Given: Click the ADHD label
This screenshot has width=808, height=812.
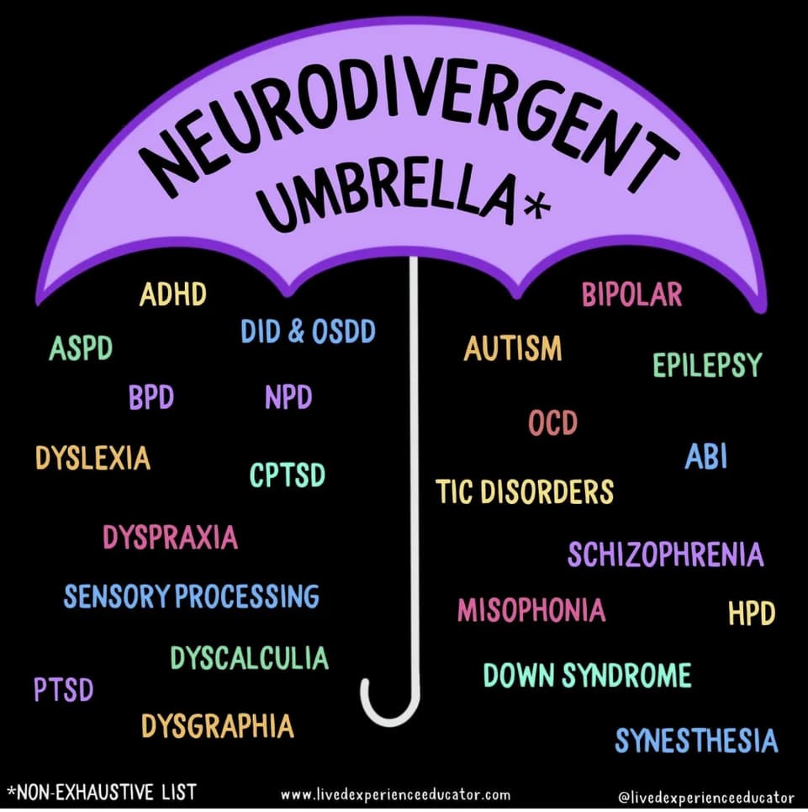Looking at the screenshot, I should click(x=172, y=295).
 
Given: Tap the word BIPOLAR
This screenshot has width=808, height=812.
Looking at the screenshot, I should click(x=631, y=295).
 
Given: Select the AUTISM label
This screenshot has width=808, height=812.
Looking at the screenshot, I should click(x=512, y=348).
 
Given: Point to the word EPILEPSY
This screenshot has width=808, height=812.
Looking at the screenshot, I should click(x=707, y=365).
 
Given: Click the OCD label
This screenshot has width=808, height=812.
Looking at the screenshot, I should click(x=552, y=422).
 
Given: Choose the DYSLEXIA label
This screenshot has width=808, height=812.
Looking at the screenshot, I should click(x=92, y=458).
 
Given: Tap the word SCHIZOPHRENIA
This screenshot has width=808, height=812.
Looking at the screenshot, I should click(x=665, y=555).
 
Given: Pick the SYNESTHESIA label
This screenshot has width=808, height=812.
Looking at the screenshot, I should click(x=696, y=740).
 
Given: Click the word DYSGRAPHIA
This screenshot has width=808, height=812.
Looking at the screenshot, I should click(x=217, y=725).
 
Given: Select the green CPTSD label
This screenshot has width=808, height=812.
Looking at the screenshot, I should click(x=287, y=475).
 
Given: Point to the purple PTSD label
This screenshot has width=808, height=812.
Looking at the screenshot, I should click(x=63, y=690).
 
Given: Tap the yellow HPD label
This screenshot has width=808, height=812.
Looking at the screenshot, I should click(x=751, y=614).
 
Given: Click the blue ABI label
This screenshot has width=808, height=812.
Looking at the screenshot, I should click(x=705, y=457).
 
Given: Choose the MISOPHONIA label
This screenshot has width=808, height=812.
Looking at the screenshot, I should click(x=531, y=610).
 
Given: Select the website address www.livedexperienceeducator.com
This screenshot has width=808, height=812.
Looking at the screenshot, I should click(x=395, y=794).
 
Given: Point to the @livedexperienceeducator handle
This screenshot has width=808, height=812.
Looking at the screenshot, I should click(x=705, y=796).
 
